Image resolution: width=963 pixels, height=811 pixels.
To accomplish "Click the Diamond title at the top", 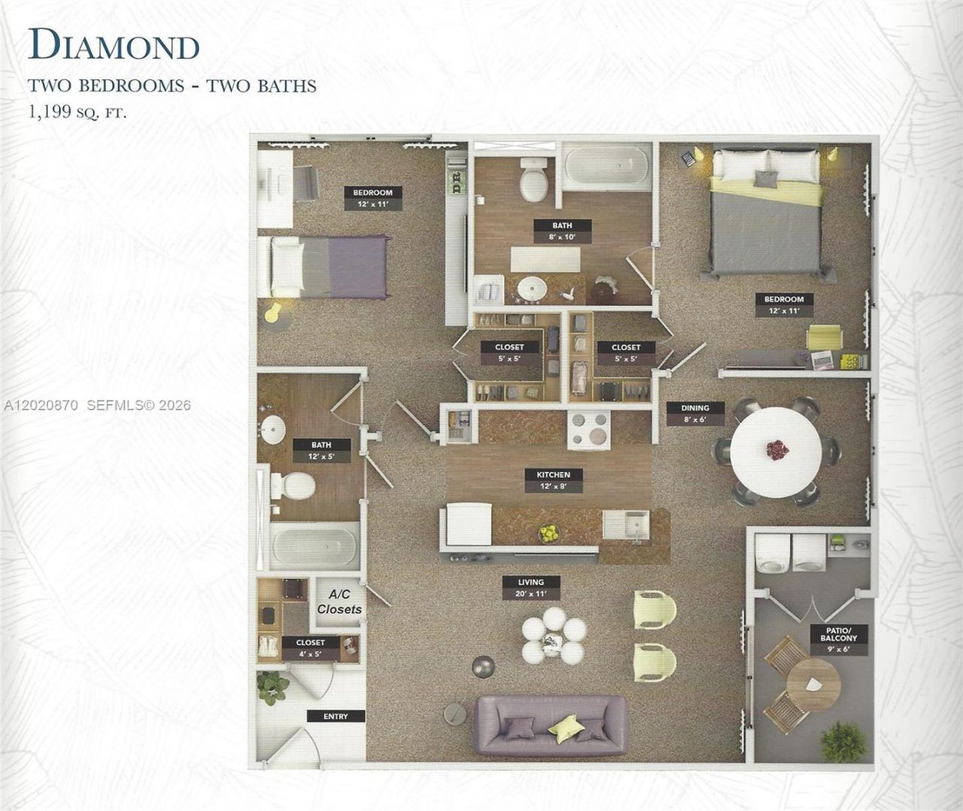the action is (x=114, y=44).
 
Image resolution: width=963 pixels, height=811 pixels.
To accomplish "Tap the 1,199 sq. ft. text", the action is (x=77, y=113).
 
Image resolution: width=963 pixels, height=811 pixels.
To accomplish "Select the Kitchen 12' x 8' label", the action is (x=553, y=480).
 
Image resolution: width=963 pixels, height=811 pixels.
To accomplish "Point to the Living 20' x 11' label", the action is (x=531, y=588).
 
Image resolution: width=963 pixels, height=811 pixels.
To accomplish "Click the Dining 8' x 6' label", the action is (x=695, y=413).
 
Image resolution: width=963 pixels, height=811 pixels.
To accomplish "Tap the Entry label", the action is (x=336, y=716).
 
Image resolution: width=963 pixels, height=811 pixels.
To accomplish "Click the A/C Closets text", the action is (x=339, y=602).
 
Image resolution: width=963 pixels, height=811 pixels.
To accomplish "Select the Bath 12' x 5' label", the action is (x=321, y=451).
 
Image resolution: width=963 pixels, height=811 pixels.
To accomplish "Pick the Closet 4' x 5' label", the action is (x=311, y=648).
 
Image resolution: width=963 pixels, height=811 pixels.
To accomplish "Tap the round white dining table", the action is (x=776, y=453).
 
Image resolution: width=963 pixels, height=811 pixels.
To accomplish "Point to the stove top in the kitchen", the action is (x=589, y=430).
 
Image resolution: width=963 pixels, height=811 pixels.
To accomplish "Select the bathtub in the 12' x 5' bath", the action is (x=315, y=546).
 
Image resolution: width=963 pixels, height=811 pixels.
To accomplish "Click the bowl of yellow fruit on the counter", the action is (x=549, y=533).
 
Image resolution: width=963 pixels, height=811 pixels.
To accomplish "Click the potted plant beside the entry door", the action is (x=273, y=688).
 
